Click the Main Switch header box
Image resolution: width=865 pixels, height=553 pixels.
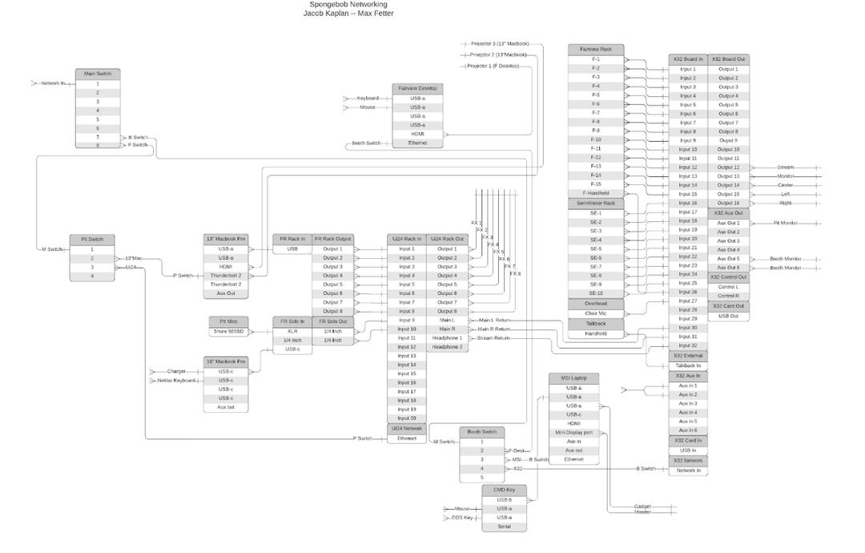click(x=98, y=74)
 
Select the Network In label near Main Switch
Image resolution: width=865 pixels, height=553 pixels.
click(x=53, y=83)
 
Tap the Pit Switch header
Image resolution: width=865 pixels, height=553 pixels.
click(x=92, y=240)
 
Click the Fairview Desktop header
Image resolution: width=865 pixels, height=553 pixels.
click(x=417, y=88)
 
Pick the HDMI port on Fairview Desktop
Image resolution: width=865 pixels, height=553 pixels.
click(x=417, y=134)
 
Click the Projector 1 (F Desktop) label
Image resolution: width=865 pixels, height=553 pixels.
click(x=493, y=66)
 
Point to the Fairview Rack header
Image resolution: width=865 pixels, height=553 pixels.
click(x=595, y=50)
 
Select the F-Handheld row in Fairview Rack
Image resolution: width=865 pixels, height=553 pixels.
click(x=595, y=193)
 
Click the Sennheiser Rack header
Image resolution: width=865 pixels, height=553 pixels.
click(x=595, y=204)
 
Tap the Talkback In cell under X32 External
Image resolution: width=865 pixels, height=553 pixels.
click(x=687, y=365)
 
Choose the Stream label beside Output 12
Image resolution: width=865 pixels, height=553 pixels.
click(x=785, y=168)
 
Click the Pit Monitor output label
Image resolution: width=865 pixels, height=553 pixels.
click(x=785, y=224)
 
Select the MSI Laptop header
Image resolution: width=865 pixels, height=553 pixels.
click(x=573, y=378)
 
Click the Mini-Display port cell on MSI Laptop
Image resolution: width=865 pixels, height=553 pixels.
click(x=573, y=433)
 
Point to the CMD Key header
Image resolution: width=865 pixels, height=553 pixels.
click(x=504, y=490)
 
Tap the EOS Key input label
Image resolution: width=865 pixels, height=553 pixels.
click(x=462, y=518)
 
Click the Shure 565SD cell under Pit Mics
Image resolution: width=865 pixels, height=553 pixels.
click(x=227, y=331)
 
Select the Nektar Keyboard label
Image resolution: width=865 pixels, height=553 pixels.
click(x=175, y=381)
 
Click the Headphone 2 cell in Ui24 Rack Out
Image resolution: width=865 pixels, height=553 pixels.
click(x=447, y=347)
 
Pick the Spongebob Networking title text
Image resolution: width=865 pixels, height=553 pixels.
click(x=348, y=5)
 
